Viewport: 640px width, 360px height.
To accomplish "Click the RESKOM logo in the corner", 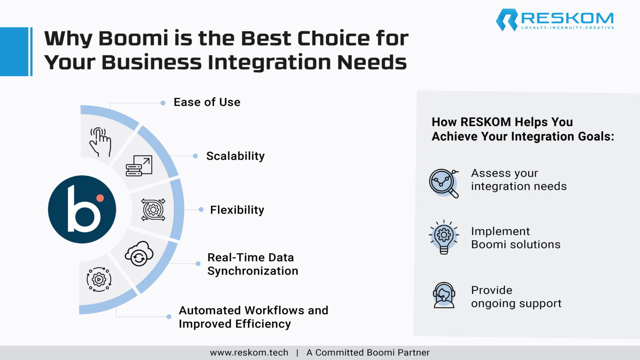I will (554, 20).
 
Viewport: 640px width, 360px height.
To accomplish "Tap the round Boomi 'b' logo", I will (82, 209).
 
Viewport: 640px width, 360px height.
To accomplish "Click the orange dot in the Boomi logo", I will (100, 198).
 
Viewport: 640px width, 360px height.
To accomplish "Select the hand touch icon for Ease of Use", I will (100, 142).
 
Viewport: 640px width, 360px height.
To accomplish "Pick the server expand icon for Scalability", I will (139, 166).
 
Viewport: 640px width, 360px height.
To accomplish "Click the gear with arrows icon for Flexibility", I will (153, 210).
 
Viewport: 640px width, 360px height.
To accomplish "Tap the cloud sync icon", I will (139, 253).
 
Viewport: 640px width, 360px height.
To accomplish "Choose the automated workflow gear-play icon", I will (99, 279).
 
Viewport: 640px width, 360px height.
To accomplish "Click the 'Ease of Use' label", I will (207, 102).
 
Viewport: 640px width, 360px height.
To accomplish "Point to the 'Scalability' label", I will (235, 156).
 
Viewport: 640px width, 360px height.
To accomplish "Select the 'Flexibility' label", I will (237, 210).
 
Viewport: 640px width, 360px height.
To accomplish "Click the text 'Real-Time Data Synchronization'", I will (252, 264).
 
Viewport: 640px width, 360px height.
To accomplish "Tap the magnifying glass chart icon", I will (444, 182).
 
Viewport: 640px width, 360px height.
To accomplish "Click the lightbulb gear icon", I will (444, 237).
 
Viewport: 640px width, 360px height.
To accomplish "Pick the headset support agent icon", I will (444, 295).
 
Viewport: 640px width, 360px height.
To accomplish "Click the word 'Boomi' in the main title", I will (133, 38).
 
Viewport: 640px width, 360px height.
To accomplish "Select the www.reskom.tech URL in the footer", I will (249, 352).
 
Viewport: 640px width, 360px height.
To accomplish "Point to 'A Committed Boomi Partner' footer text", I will (368, 352).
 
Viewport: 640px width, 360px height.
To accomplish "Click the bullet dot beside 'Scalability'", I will (195, 156).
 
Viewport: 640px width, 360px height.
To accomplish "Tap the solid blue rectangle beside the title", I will (14, 52).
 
